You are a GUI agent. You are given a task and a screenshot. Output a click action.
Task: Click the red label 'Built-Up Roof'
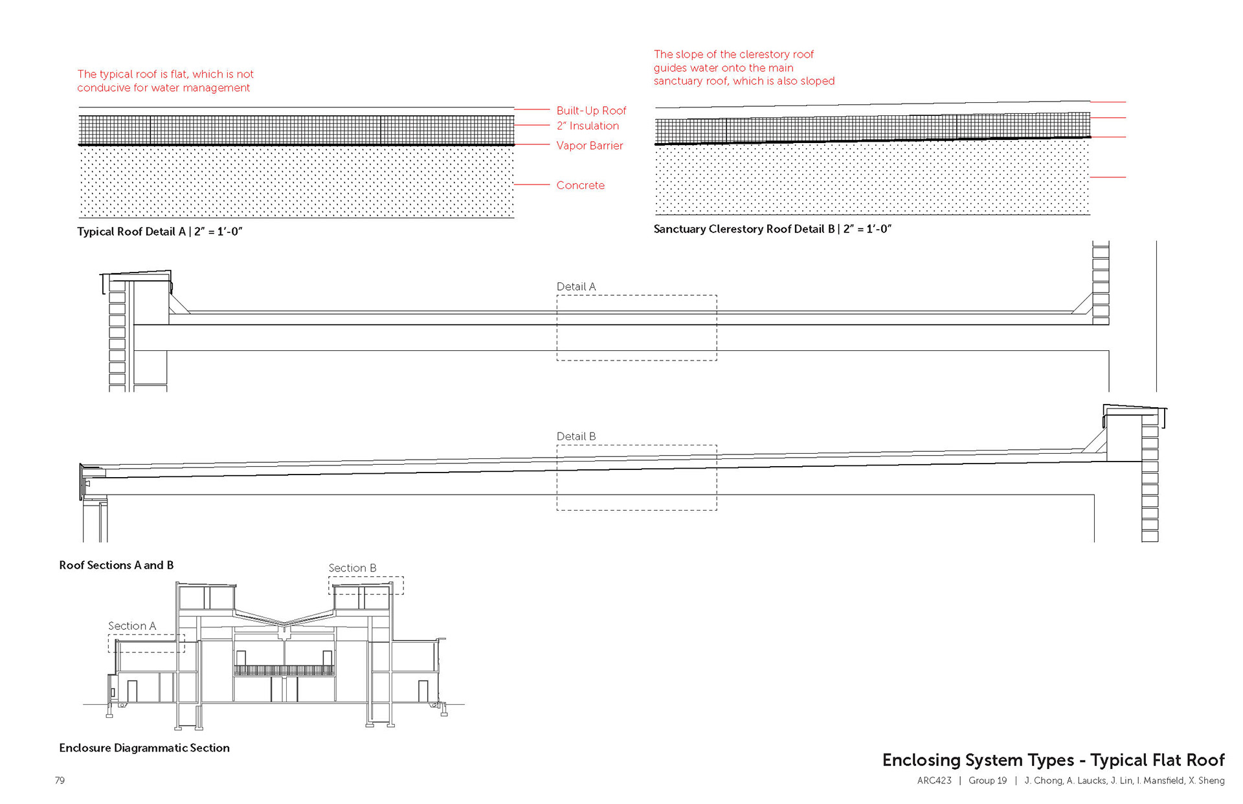[591, 111]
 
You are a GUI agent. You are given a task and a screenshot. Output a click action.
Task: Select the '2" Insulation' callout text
[587, 126]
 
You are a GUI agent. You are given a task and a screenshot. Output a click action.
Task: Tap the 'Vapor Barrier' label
[589, 146]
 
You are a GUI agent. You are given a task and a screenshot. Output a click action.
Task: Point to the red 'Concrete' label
[580, 185]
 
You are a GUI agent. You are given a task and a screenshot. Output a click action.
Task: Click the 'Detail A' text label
[576, 287]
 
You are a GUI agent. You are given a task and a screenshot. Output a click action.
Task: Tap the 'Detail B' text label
[576, 436]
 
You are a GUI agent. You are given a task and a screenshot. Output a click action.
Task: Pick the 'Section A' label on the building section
[131, 626]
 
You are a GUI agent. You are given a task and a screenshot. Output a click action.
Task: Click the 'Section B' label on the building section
[352, 568]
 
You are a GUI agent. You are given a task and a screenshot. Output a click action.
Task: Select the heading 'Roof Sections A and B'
[116, 565]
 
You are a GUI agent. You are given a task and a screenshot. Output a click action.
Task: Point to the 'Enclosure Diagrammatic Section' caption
[144, 748]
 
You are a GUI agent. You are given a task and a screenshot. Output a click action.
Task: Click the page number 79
[60, 781]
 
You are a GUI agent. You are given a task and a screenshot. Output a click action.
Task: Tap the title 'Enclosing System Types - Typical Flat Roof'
[1053, 760]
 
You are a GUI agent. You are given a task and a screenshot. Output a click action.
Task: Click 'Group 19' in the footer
[987, 781]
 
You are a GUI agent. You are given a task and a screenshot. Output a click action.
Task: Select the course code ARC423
[934, 781]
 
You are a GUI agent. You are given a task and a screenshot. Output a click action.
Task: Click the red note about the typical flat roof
[165, 81]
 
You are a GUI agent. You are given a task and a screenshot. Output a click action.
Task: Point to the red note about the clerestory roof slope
[743, 67]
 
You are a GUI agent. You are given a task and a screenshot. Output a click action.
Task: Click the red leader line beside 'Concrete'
[532, 184]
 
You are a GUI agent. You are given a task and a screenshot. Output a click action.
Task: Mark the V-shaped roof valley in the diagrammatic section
[284, 623]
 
